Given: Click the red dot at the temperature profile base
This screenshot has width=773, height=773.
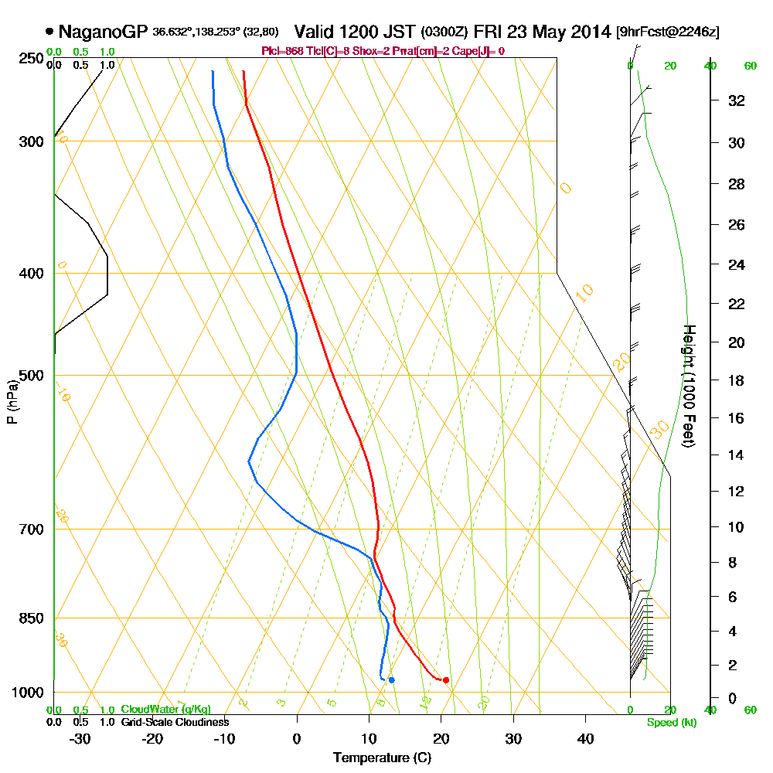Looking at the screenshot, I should (446, 680).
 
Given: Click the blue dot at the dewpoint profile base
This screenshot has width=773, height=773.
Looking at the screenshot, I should (392, 680).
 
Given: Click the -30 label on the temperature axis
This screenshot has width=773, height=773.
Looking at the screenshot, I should (80, 738).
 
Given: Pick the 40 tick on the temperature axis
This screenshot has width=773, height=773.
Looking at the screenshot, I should (585, 738).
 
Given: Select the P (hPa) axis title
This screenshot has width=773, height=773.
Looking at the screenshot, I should (12, 401).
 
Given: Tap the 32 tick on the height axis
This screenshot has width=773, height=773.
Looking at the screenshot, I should (737, 100).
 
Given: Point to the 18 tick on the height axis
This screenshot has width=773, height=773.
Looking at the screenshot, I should (737, 380).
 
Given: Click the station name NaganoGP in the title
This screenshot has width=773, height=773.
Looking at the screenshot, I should (103, 32).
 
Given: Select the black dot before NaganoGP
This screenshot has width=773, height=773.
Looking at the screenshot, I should (50, 32).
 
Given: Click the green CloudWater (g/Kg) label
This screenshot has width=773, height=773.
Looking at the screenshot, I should (165, 710).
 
